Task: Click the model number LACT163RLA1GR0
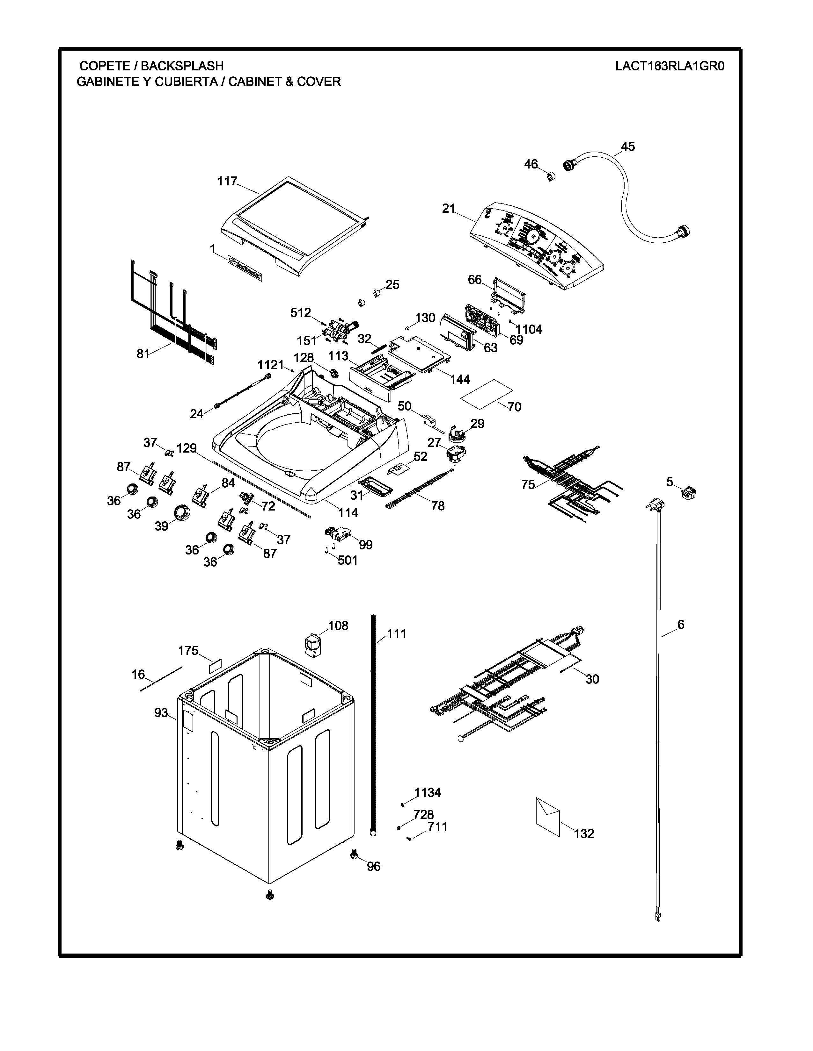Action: coord(670,66)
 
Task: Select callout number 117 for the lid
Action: coord(227,182)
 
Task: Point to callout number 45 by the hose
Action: coord(627,146)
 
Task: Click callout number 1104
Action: coord(529,330)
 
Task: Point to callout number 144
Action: coord(460,379)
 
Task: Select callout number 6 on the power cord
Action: coord(681,625)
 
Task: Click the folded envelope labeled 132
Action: coord(548,817)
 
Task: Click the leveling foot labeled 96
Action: coord(355,853)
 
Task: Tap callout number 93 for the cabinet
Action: coord(161,713)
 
